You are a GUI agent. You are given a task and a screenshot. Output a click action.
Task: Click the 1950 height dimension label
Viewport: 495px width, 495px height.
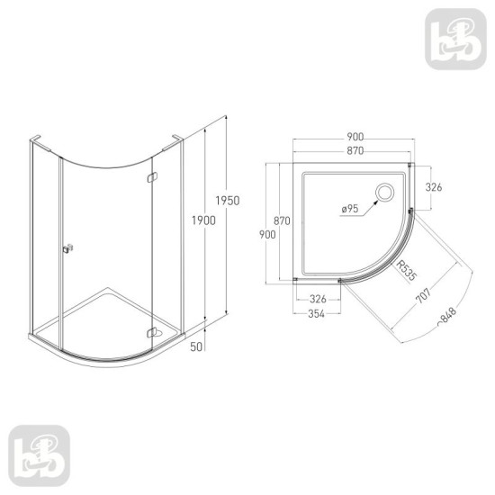click(228, 201)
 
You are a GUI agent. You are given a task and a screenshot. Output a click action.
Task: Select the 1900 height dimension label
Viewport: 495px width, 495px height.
click(203, 220)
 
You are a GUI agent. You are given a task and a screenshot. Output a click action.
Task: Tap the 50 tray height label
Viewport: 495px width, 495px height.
click(196, 346)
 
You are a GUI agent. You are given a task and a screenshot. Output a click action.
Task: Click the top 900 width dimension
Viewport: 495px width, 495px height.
click(355, 137)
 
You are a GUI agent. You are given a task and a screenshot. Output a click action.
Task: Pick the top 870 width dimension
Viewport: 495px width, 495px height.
click(355, 151)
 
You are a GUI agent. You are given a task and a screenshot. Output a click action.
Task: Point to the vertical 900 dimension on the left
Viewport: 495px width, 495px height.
click(267, 235)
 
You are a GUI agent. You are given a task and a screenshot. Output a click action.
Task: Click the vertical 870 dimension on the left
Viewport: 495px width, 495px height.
click(282, 220)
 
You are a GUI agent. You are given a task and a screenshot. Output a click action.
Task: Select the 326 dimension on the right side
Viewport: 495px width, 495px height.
click(434, 187)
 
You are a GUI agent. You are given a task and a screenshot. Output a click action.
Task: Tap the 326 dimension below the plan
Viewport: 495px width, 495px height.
click(318, 299)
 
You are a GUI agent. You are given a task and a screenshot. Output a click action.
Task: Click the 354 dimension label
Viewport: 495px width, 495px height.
click(316, 313)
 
